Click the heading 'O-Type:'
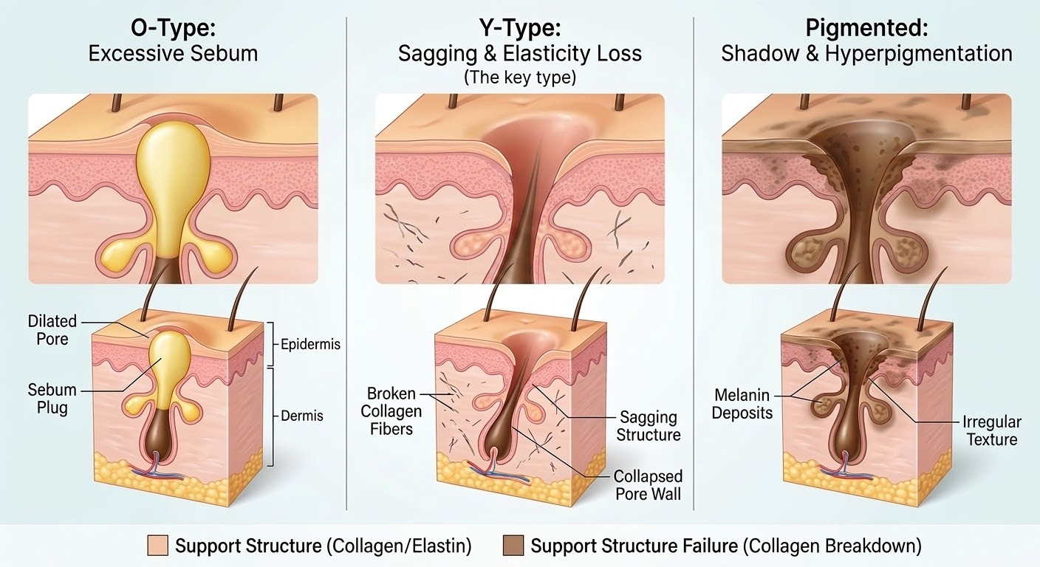click(173, 30)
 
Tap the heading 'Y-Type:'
click(519, 30)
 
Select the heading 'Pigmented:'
click(866, 30)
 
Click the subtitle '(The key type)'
click(519, 78)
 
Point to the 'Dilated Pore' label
click(52, 330)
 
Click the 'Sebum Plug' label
click(47, 398)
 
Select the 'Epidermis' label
click(310, 344)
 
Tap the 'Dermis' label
click(302, 416)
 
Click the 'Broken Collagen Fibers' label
click(394, 411)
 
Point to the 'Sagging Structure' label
click(648, 426)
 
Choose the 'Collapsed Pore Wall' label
click(649, 484)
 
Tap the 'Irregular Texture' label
click(991, 430)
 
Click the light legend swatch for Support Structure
click(159, 546)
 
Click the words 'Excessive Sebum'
click(173, 54)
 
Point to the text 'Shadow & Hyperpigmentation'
click(866, 54)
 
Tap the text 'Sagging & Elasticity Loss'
click(519, 54)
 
